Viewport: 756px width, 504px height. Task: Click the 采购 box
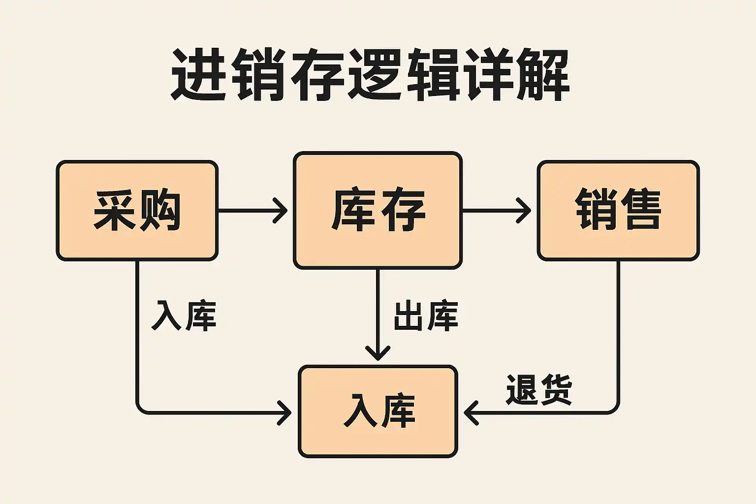[x=137, y=210]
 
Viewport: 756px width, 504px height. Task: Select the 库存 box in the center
[x=378, y=210]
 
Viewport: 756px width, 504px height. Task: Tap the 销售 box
[x=618, y=210]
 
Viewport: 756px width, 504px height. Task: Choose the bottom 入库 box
[x=378, y=411]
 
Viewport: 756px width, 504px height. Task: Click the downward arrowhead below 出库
[x=378, y=353]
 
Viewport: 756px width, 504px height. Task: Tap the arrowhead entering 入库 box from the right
[x=471, y=412]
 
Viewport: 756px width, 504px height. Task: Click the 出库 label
[x=426, y=315]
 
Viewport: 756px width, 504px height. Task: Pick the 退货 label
[x=539, y=389]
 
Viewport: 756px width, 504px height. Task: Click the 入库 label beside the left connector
[x=184, y=315]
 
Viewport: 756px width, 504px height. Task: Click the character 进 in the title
[x=199, y=74]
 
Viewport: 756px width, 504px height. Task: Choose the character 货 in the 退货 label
[x=556, y=389]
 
